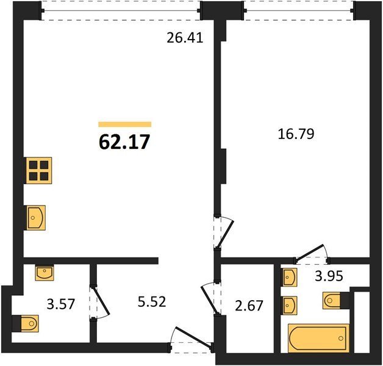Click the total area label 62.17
(x=124, y=142)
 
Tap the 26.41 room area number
(x=185, y=38)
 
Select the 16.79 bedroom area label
(x=296, y=134)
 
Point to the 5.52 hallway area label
(x=152, y=301)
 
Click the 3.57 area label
(x=60, y=304)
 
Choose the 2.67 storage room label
(x=249, y=306)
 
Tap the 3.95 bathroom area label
(x=329, y=276)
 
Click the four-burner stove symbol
(x=38, y=170)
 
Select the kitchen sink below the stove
(x=35, y=217)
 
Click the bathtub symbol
(x=318, y=338)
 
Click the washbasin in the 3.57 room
(x=44, y=273)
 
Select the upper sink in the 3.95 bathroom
(x=290, y=278)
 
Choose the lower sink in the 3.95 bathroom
(x=290, y=306)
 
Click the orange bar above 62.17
(x=125, y=124)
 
